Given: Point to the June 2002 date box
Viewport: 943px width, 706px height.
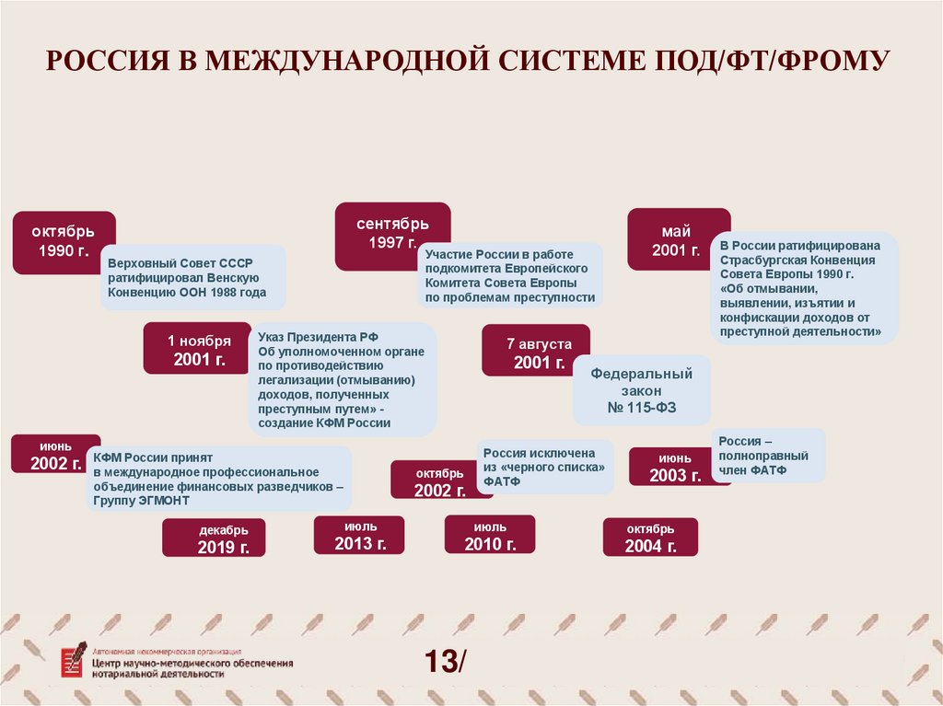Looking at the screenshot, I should tap(52, 454).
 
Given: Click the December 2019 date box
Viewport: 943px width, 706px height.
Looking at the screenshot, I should tap(214, 538).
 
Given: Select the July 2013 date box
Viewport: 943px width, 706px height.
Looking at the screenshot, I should tap(360, 535).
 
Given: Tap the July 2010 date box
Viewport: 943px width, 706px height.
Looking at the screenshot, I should tap(490, 535).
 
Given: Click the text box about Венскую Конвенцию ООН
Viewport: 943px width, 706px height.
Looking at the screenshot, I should tap(192, 277).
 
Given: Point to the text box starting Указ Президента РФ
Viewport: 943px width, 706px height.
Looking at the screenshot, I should tap(342, 378).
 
